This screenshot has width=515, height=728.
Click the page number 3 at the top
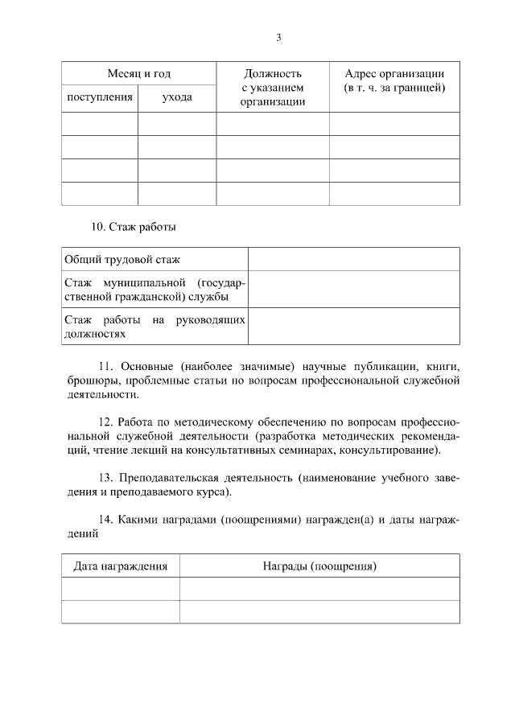click(x=278, y=38)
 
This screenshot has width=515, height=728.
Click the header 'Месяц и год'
click(x=139, y=73)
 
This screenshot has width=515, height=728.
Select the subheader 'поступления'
click(x=99, y=97)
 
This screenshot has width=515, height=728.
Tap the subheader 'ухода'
click(x=176, y=97)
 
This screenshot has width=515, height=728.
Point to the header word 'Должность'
click(x=272, y=73)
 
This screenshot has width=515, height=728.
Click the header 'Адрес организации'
click(x=394, y=73)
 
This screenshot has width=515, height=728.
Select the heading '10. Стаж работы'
click(x=133, y=227)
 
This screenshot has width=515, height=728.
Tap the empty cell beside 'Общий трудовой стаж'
click(x=354, y=259)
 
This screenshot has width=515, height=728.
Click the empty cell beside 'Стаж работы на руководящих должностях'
click(x=354, y=326)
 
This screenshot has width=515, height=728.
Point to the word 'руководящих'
click(x=210, y=319)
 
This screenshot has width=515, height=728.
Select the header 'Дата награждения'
click(x=121, y=566)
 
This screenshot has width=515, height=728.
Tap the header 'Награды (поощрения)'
click(x=319, y=566)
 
